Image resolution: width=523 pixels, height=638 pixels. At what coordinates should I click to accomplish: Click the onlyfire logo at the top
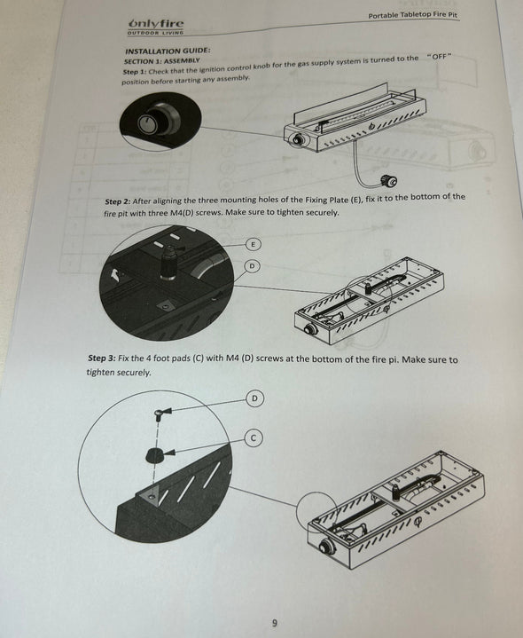tap(156, 27)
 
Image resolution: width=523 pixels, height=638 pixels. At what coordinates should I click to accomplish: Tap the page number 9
tap(275, 623)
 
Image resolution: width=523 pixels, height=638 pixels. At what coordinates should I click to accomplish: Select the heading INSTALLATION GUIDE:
tap(168, 51)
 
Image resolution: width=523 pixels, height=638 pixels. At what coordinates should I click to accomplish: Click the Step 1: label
tap(134, 72)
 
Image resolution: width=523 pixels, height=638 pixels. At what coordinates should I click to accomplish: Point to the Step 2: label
tap(117, 201)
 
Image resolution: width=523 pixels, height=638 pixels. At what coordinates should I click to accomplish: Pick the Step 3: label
tap(102, 358)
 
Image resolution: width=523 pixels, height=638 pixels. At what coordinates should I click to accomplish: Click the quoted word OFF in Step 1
tap(439, 56)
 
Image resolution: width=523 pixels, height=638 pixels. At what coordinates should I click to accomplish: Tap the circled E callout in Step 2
tap(254, 245)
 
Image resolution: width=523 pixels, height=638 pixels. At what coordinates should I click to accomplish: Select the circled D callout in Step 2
tap(253, 266)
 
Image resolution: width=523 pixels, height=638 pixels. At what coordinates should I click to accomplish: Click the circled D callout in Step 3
tap(254, 398)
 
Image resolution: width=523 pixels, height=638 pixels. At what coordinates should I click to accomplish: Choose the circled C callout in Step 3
tap(254, 438)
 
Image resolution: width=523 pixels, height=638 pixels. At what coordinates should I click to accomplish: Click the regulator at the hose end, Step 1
tap(388, 181)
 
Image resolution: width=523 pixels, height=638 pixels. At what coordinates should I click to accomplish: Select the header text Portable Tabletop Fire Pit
tap(413, 15)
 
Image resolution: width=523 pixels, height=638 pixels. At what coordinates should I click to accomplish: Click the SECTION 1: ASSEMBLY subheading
tap(161, 61)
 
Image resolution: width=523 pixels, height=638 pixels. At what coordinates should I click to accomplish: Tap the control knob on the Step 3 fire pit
tap(327, 546)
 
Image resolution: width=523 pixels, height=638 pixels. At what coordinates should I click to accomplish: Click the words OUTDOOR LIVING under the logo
tap(156, 33)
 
